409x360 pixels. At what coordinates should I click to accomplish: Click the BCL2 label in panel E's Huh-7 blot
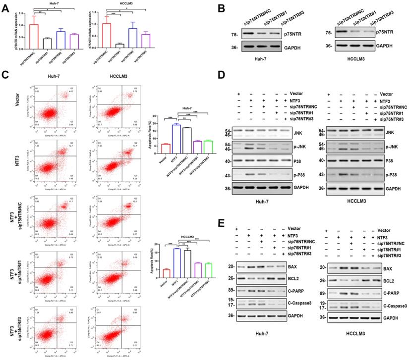289,279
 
